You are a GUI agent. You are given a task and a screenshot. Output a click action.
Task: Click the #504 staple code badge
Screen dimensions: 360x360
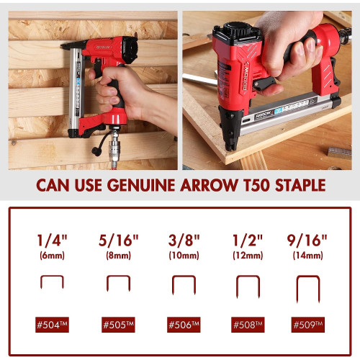click(x=52, y=325)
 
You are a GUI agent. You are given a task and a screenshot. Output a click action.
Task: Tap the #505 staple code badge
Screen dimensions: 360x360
click(x=118, y=325)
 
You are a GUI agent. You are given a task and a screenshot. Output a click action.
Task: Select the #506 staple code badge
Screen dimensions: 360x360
click(x=184, y=325)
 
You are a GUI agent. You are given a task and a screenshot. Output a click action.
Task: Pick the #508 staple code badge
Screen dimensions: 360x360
click(x=248, y=325)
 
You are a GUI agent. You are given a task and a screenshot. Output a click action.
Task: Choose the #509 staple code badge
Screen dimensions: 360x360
click(x=308, y=325)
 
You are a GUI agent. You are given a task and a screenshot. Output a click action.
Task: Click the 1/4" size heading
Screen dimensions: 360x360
click(x=53, y=240)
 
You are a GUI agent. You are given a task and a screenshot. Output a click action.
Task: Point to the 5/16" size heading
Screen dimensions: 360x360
click(x=119, y=240)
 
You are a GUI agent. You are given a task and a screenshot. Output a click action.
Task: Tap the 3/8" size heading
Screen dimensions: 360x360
click(x=184, y=240)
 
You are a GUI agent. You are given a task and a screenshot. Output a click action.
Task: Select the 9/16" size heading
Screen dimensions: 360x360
click(x=307, y=240)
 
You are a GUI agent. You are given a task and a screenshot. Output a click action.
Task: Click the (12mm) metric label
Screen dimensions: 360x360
click(x=248, y=256)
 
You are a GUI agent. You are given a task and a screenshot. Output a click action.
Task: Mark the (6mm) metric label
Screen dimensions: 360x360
click(x=53, y=256)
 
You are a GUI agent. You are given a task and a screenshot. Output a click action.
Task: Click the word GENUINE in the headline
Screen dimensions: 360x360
click(x=141, y=185)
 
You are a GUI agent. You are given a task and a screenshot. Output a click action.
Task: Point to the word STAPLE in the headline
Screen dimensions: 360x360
click(x=300, y=185)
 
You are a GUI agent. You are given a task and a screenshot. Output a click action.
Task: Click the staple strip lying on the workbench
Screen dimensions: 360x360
click(x=339, y=153)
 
